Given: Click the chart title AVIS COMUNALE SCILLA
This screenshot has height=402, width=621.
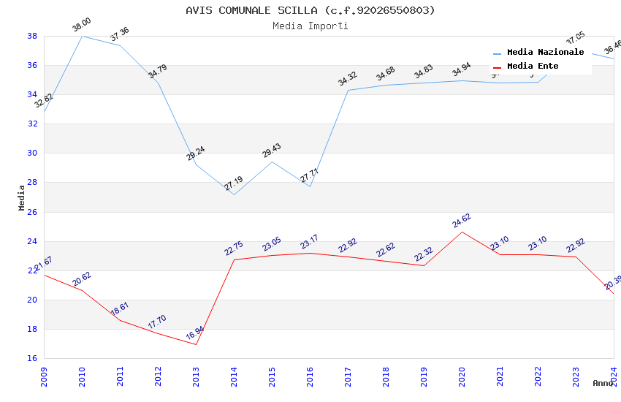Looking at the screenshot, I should click(310, 10).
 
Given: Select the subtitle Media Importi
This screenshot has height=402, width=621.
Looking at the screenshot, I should click(310, 26).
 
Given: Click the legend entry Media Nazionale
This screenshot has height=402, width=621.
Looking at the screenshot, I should click(545, 52).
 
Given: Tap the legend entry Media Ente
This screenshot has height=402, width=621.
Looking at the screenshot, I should click(533, 66).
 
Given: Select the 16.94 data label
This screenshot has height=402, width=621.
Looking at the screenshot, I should click(195, 333).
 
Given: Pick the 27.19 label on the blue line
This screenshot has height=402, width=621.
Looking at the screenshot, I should click(234, 183).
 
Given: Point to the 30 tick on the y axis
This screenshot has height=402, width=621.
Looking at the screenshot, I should click(32, 153).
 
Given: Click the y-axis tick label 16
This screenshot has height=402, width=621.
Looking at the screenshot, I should click(32, 359).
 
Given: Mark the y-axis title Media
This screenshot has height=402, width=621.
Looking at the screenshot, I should click(22, 197).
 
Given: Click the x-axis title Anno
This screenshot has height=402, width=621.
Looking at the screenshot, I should click(603, 383).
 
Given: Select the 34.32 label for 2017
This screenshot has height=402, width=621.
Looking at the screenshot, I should click(348, 79).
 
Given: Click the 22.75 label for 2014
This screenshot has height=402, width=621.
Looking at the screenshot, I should click(234, 249).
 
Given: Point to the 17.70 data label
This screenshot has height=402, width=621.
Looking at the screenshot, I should click(157, 322).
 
